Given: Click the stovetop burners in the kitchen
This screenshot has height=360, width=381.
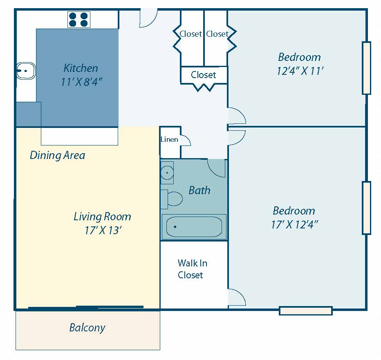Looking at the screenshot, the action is pyautogui.click(x=79, y=20).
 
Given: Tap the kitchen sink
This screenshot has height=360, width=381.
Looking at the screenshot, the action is pyautogui.click(x=26, y=71).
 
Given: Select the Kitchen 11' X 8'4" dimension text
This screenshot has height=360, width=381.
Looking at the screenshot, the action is pyautogui.click(x=81, y=82).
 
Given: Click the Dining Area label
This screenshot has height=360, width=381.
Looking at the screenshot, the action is pyautogui.click(x=57, y=155).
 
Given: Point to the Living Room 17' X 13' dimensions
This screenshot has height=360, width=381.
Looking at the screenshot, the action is pyautogui.click(x=103, y=230).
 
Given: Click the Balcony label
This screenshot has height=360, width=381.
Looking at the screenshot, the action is pyautogui.click(x=87, y=328).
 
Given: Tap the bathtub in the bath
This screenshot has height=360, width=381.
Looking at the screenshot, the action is pyautogui.click(x=194, y=227).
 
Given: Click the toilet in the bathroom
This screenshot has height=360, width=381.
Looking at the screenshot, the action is pyautogui.click(x=172, y=199).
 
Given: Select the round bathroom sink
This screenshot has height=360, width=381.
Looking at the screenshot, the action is pyautogui.click(x=167, y=172).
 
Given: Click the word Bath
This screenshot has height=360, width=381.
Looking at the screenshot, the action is pyautogui.click(x=199, y=190).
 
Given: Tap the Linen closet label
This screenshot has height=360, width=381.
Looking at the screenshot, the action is pyautogui.click(x=169, y=139).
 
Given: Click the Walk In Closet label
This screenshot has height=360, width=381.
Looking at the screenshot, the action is pyautogui.click(x=192, y=269).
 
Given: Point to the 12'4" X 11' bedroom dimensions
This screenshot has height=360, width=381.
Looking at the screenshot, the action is pyautogui.click(x=300, y=71).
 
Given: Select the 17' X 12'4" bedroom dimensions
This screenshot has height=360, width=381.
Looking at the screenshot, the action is pyautogui.click(x=295, y=225).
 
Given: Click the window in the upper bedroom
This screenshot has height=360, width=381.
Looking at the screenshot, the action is pyautogui.click(x=366, y=68).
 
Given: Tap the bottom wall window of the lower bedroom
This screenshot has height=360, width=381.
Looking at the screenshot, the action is pyautogui.click(x=306, y=311).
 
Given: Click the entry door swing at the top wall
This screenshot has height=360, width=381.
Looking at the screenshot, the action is pyautogui.click(x=148, y=18).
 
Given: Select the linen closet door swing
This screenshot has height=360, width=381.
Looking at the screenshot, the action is pyautogui.click(x=186, y=140).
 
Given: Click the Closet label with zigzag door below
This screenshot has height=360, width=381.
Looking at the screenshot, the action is pyautogui.click(x=204, y=75).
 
